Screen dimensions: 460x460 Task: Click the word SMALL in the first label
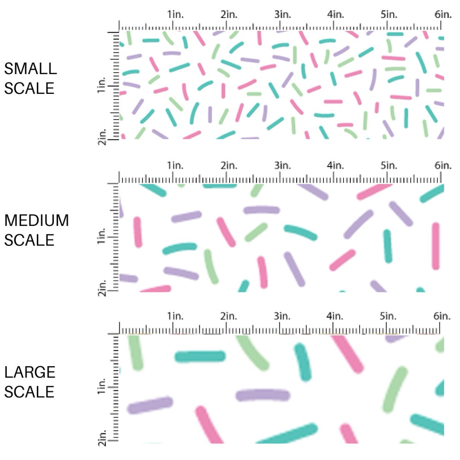point(31,69)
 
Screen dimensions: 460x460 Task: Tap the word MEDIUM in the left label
point(37,221)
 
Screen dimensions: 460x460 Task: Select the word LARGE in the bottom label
point(30,372)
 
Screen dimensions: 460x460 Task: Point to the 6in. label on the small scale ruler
point(443,15)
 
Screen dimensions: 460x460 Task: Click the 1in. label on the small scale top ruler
point(174,15)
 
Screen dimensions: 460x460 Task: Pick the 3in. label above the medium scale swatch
point(282,165)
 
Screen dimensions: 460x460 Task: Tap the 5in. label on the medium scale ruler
point(389,165)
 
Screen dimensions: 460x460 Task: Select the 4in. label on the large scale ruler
point(335,316)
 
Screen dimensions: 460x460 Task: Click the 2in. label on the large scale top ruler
point(228,316)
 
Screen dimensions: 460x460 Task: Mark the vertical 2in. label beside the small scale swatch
point(102,137)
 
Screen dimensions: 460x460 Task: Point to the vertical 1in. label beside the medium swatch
point(102,237)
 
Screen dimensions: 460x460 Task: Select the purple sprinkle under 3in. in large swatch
point(263,395)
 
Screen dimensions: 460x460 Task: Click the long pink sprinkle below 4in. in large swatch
point(348,353)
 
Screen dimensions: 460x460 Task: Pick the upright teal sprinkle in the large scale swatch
point(302,362)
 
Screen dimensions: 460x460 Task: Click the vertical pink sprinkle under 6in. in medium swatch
point(435,246)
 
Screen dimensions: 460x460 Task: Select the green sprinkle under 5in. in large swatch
point(395,389)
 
